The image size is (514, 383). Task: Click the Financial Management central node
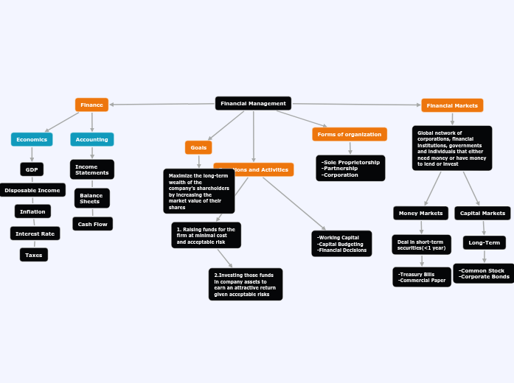253,104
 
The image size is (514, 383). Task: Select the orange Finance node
91,105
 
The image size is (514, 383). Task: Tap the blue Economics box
32,139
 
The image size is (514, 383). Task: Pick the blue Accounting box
92,139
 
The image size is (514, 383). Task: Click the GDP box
32,169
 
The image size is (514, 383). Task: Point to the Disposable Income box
32,190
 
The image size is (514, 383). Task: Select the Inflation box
32,211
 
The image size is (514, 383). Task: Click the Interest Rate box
35,233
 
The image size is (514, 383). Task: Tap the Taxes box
34,255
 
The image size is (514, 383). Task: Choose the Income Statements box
92,169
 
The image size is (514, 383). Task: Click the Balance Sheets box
91,198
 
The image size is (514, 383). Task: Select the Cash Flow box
93,224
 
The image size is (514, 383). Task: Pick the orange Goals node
198,147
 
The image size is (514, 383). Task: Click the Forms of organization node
350,134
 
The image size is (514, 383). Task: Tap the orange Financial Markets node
452,105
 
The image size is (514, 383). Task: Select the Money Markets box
420,213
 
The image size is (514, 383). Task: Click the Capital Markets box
482,213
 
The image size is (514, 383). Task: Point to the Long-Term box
485,242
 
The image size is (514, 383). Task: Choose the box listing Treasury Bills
422,277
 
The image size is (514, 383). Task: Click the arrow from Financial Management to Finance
162,105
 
